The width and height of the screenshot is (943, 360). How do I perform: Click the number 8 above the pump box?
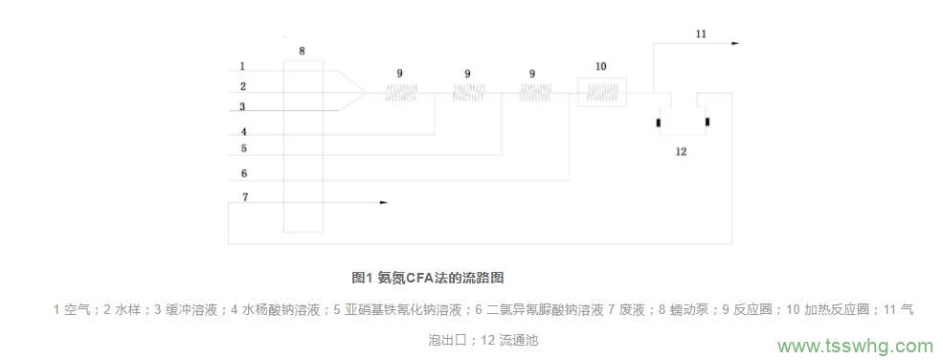point(303,52)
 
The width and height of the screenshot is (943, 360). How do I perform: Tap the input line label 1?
point(242,67)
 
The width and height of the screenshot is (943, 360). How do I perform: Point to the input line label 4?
point(243,132)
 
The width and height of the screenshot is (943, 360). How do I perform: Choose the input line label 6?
point(243,174)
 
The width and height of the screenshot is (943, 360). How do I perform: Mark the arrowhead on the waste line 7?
point(383,203)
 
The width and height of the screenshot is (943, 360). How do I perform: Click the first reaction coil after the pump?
point(401,93)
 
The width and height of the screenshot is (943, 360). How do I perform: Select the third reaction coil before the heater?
point(534,93)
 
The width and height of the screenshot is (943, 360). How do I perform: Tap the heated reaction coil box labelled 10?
point(600,93)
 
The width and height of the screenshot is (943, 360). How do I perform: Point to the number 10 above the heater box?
point(600,67)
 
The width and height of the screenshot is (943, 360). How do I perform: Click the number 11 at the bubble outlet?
point(701,34)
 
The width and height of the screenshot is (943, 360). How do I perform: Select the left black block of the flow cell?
point(660,122)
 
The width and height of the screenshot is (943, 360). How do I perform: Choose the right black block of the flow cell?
point(707,122)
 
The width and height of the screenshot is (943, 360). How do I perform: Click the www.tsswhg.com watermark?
point(855,346)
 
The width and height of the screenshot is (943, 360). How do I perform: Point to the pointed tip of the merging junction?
point(364,92)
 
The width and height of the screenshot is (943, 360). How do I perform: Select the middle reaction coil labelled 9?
point(467,93)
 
